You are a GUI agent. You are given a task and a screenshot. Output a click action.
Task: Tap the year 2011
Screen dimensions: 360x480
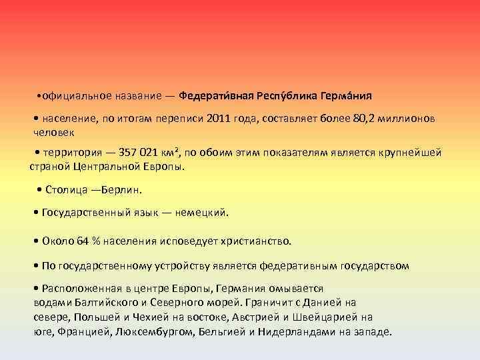pyautogui.click(x=219, y=118)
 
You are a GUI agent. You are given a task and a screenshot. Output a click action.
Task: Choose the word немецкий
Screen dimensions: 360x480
pyautogui.click(x=203, y=213)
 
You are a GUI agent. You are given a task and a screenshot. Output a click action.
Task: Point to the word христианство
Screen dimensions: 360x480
pyautogui.click(x=263, y=241)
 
